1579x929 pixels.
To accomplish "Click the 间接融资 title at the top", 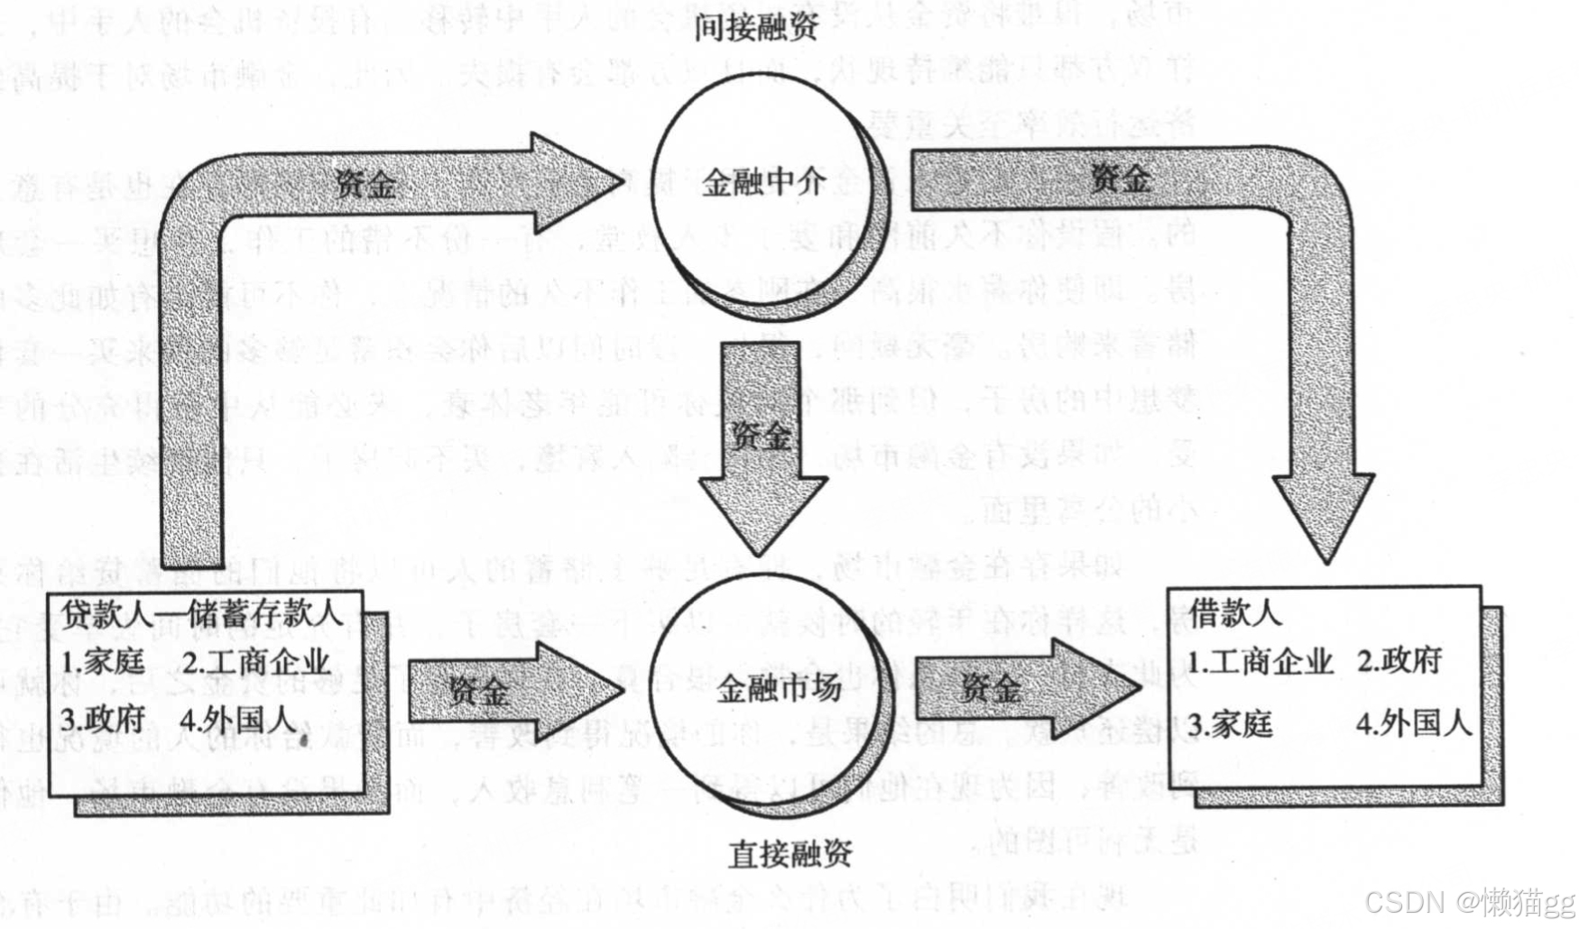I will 755,26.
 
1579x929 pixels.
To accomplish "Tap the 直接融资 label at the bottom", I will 789,852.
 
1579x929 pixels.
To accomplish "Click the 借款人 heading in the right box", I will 1235,613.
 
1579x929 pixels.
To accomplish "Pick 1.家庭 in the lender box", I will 104,663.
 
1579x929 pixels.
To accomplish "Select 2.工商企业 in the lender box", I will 256,663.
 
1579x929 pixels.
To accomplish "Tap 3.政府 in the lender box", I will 104,720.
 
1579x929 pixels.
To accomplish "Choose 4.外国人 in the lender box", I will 237,720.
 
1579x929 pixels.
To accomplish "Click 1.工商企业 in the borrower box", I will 1260,662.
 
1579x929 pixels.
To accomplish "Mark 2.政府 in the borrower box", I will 1399,661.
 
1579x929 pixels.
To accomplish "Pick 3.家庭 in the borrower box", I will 1230,723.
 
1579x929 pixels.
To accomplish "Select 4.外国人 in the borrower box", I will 1413,723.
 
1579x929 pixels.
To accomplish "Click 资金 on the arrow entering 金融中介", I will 365,184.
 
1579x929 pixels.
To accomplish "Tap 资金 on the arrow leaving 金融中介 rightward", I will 1120,179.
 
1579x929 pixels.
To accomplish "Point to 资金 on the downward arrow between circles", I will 760,437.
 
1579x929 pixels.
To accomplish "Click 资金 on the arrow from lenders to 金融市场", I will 479,692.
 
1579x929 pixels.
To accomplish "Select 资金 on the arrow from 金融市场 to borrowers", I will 990,689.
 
